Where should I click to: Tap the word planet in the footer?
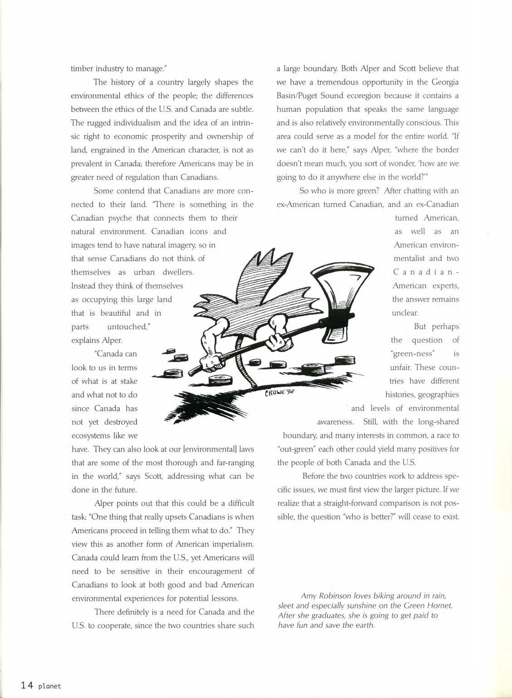(x=49, y=686)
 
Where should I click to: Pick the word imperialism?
(x=231, y=544)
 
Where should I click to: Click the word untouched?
(x=128, y=327)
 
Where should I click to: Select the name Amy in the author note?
(x=308, y=595)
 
